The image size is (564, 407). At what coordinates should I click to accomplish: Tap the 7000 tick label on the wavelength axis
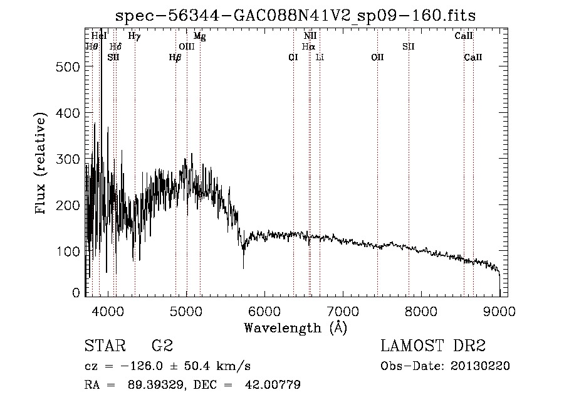click(x=342, y=311)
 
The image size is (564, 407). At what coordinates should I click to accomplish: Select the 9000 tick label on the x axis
click(x=499, y=311)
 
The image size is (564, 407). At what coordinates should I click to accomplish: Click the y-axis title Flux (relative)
click(x=42, y=164)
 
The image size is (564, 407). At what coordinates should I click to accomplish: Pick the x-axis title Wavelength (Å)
click(x=295, y=327)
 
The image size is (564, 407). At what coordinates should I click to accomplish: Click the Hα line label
click(x=308, y=46)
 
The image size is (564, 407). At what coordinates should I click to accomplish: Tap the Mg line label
click(x=199, y=36)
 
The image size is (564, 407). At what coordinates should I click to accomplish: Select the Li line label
click(x=320, y=57)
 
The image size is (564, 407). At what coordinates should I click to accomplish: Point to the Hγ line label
click(x=134, y=36)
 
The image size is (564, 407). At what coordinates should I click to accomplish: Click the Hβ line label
click(x=175, y=57)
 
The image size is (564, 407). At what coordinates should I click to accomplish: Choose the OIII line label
click(x=187, y=46)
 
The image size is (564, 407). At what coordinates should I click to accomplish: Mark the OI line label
click(x=293, y=57)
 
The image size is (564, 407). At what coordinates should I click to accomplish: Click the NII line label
click(x=310, y=36)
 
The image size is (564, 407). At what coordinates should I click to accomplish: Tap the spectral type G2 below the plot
click(x=162, y=346)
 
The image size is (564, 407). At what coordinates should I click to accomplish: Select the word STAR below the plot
click(x=104, y=346)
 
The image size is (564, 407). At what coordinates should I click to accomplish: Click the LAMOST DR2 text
click(x=433, y=346)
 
